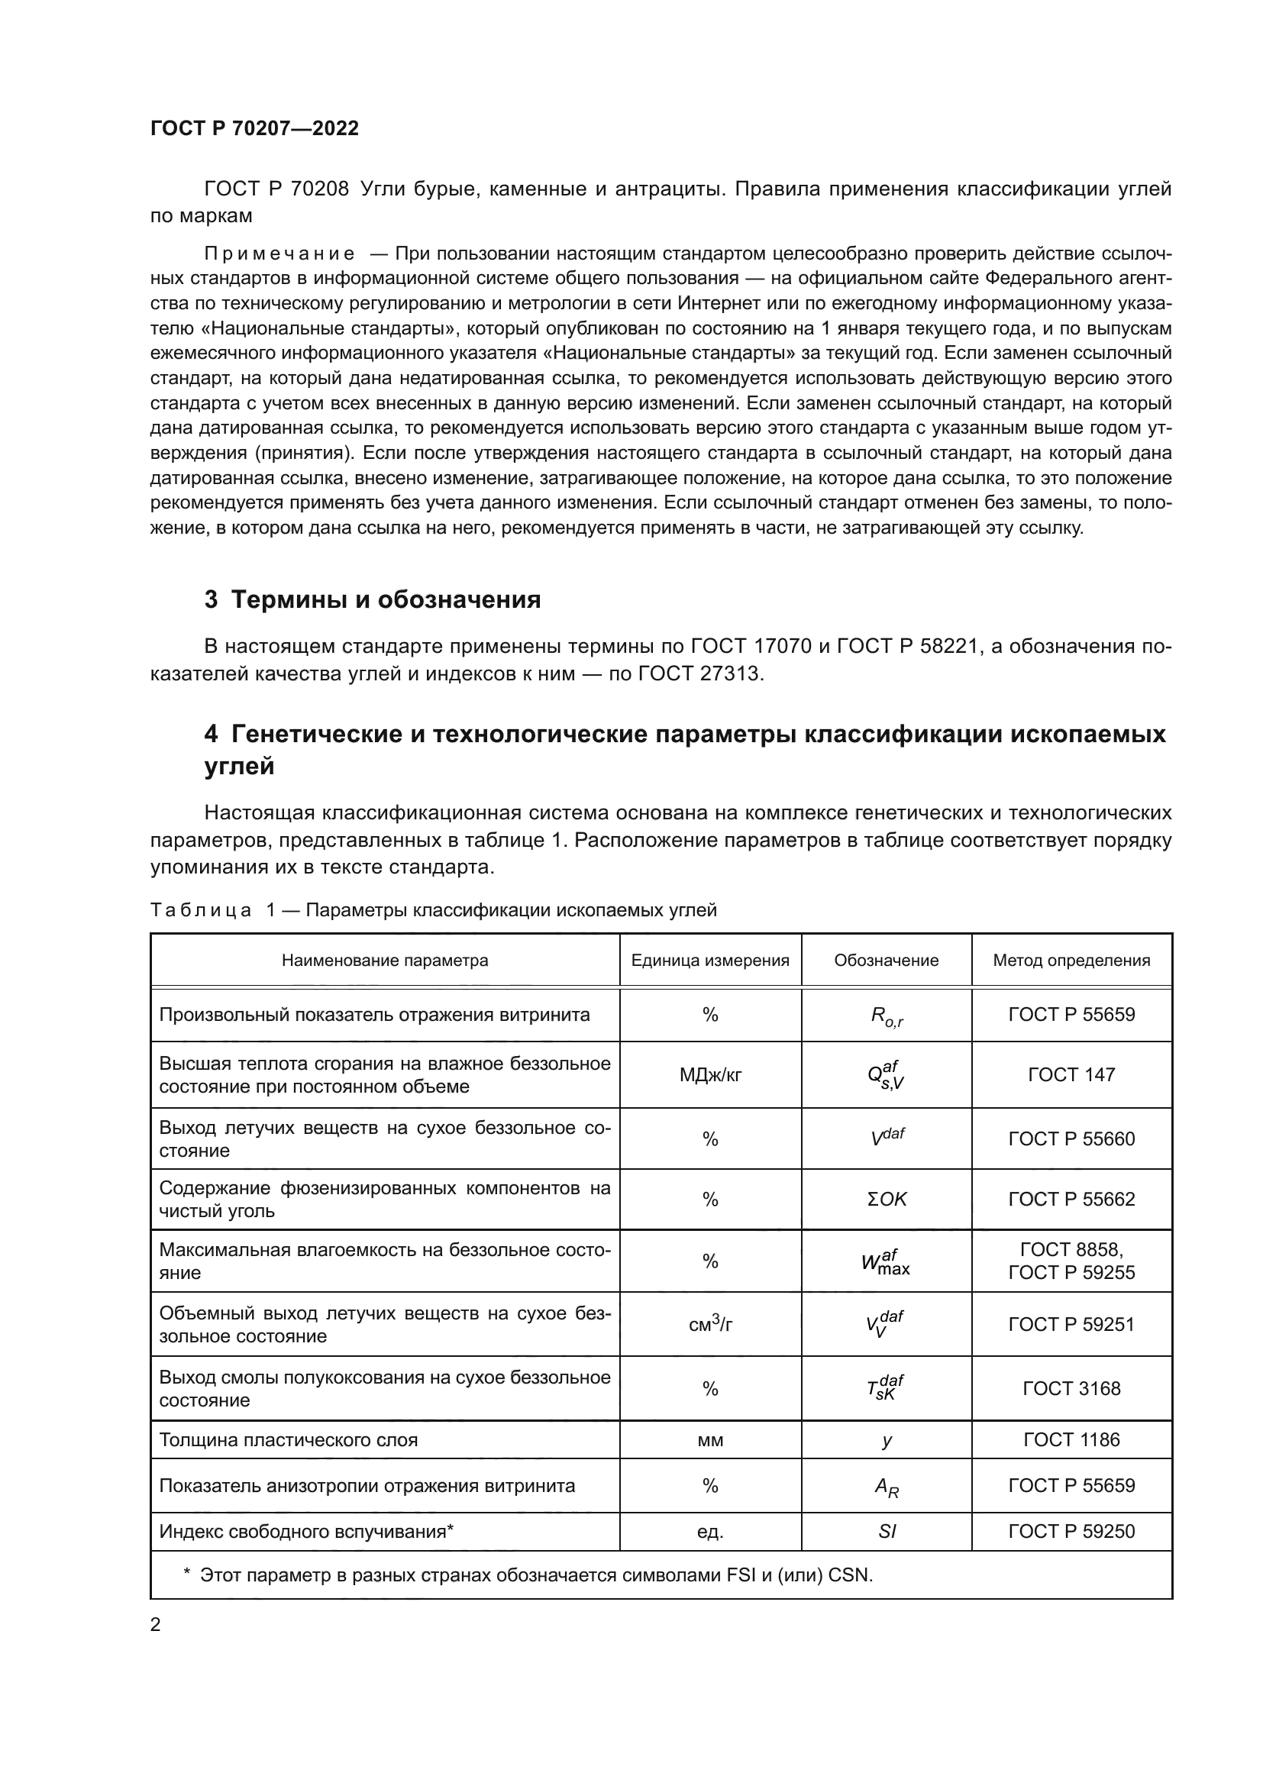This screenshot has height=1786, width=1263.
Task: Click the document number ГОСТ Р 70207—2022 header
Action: tap(254, 129)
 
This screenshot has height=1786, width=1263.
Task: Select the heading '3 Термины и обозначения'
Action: tap(373, 599)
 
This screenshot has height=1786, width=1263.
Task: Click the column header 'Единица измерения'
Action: tap(710, 961)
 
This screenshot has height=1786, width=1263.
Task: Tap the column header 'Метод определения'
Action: tap(1071, 961)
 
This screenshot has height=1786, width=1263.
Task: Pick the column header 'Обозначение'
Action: tap(886, 961)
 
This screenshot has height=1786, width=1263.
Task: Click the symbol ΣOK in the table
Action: tap(887, 1200)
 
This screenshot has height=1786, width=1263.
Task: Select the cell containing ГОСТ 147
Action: tap(1071, 1075)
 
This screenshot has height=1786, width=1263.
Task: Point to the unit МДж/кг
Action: tap(710, 1075)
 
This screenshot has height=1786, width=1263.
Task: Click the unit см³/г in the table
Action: tap(710, 1324)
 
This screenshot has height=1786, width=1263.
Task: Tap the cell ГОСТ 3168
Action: tap(1071, 1388)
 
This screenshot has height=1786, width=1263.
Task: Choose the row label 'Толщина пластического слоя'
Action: tap(289, 1440)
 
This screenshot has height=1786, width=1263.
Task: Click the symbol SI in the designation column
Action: tap(887, 1532)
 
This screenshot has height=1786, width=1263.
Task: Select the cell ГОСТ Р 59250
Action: tap(1071, 1532)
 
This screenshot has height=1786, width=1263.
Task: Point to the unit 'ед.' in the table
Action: tap(710, 1532)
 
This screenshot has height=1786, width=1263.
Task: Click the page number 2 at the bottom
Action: tap(156, 1625)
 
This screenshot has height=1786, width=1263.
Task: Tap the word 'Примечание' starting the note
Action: tap(279, 254)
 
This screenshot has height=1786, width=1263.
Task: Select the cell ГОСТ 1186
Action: tap(1071, 1440)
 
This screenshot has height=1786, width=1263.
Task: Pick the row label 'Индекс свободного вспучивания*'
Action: tap(306, 1532)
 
